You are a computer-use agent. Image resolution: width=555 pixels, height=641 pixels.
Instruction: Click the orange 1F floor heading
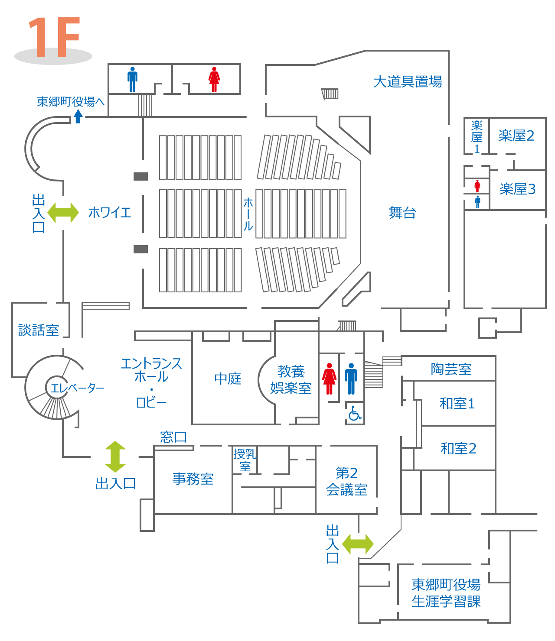click(x=54, y=37)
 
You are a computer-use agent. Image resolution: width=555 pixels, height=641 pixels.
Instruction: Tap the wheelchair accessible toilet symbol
click(x=355, y=413)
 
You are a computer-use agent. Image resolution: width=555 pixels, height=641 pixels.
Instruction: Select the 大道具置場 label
click(x=407, y=82)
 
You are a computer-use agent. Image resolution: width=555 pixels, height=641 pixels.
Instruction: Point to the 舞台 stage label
click(x=402, y=213)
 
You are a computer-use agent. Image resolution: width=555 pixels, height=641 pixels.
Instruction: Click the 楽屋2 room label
click(x=516, y=136)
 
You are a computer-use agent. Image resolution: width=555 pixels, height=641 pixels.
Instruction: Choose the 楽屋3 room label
click(x=517, y=189)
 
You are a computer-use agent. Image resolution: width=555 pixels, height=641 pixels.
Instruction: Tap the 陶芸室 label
click(x=451, y=369)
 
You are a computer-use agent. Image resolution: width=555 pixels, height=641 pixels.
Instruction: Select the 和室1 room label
click(x=457, y=404)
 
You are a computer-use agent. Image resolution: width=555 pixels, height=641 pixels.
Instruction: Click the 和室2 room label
click(x=458, y=448)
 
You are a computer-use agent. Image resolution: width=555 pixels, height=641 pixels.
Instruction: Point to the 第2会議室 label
click(x=346, y=481)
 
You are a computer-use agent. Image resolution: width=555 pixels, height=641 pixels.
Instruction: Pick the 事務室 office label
click(x=193, y=479)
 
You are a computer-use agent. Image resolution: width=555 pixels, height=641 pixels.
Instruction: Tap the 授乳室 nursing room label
click(x=245, y=460)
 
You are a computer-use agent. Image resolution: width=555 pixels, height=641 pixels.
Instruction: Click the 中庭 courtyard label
click(x=228, y=379)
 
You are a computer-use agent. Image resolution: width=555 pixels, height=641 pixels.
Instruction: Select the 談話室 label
click(x=39, y=330)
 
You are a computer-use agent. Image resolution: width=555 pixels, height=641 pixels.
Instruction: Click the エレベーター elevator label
click(x=77, y=388)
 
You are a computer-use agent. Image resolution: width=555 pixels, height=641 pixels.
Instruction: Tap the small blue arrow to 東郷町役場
click(x=78, y=117)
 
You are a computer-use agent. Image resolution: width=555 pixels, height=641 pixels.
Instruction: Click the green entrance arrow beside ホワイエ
click(x=63, y=213)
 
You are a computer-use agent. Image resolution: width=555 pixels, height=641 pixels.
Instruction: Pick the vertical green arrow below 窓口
click(x=115, y=457)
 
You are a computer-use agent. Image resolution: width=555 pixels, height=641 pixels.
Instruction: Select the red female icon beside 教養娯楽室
click(x=329, y=379)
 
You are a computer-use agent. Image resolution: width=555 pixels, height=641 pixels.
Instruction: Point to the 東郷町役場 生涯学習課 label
click(x=446, y=593)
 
